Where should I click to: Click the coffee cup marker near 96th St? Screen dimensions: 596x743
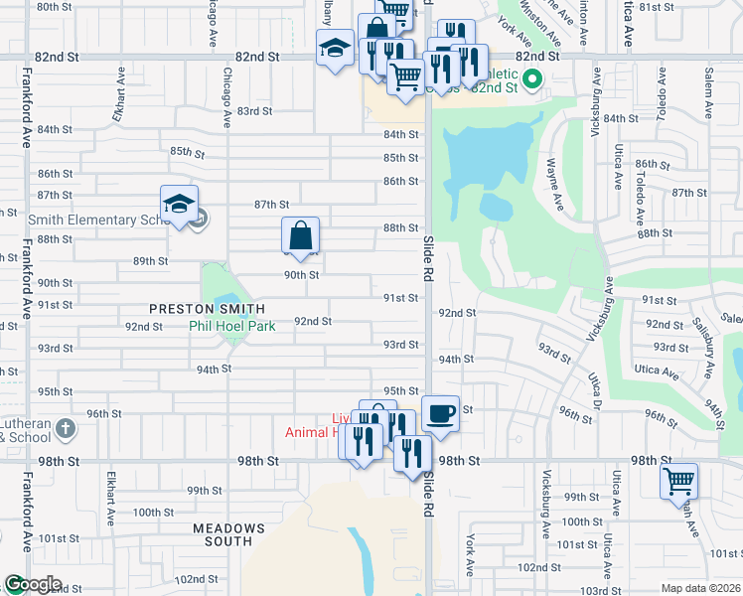tap(440, 412)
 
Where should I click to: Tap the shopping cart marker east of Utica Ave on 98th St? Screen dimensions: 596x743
tap(678, 481)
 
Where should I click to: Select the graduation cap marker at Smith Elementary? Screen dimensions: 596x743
tap(179, 204)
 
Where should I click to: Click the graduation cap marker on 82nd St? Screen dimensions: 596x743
tap(336, 47)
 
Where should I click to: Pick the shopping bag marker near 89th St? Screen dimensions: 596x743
tap(300, 236)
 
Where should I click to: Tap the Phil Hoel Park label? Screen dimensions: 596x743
tap(231, 324)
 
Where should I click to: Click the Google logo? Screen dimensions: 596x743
tap(33, 584)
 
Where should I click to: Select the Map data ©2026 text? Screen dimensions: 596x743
tap(701, 588)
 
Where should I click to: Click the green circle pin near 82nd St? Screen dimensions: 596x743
tap(531, 79)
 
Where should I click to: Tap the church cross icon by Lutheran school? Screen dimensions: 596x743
tap(66, 429)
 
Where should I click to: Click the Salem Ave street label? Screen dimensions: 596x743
tap(681, 90)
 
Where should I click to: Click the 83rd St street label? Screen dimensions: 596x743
tap(254, 111)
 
